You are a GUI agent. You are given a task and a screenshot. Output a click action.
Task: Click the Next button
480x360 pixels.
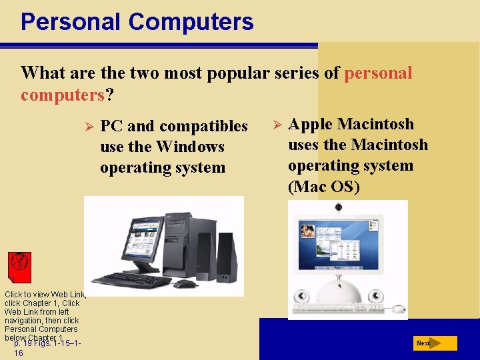click(x=435, y=343)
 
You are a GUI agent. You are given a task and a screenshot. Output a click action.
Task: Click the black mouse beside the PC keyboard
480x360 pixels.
click(x=185, y=283)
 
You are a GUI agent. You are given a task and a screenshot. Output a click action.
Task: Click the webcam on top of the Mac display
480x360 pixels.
click(x=339, y=208)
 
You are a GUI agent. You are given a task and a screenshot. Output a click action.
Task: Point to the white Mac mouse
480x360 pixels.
click(x=398, y=309)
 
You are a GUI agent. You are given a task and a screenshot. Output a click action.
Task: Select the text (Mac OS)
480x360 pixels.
click(x=323, y=187)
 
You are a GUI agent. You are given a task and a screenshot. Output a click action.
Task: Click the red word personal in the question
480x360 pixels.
click(x=378, y=73)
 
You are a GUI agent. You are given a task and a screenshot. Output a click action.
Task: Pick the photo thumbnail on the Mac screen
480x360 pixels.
click(x=308, y=231)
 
